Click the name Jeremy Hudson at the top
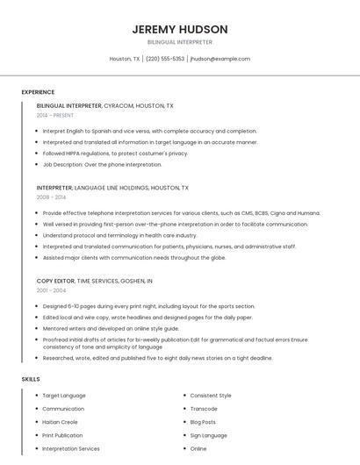click(179, 29)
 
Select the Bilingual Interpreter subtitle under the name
click(179, 42)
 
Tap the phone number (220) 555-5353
click(165, 59)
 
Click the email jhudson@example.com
click(220, 59)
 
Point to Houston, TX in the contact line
click(125, 59)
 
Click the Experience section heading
click(38, 92)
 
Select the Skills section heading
click(31, 379)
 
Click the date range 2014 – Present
click(55, 115)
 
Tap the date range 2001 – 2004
click(51, 290)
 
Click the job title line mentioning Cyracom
click(104, 105)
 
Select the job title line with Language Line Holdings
click(112, 188)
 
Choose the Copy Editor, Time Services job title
click(95, 281)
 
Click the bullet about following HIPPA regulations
click(115, 153)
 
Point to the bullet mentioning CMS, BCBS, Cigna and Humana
click(181, 213)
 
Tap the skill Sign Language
click(208, 435)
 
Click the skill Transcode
click(204, 409)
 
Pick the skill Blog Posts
click(203, 422)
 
